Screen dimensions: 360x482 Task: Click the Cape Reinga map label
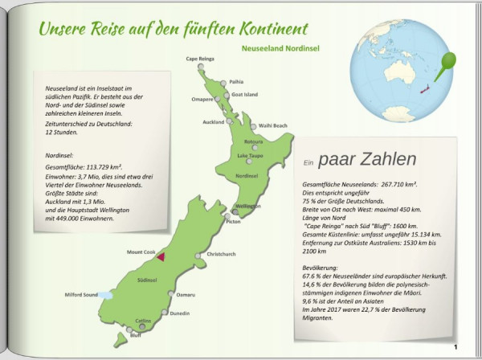point(201,59)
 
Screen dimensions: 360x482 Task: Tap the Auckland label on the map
point(213,121)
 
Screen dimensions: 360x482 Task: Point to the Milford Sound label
point(81,295)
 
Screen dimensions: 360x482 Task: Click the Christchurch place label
point(221,254)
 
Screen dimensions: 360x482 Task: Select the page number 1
point(455,347)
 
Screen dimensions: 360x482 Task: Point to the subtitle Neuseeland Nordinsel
point(280,48)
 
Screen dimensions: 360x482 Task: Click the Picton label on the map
point(234,222)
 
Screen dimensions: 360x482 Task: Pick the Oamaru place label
point(186,295)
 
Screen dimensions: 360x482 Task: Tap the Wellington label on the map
point(248,206)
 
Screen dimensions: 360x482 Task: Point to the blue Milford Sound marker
point(106,295)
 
